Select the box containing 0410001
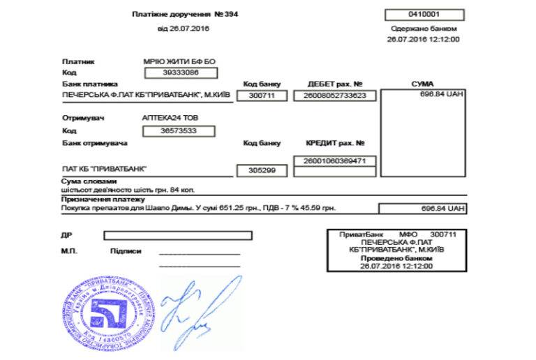424,15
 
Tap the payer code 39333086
181,73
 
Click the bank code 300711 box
262,96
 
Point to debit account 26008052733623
335,96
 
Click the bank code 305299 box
262,170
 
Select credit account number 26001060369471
335,161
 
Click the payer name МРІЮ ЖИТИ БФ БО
179,61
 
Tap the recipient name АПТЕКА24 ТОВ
170,118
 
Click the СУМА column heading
423,84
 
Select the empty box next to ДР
178,236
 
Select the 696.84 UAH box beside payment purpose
422,208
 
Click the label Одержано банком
424,29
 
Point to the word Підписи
126,251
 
